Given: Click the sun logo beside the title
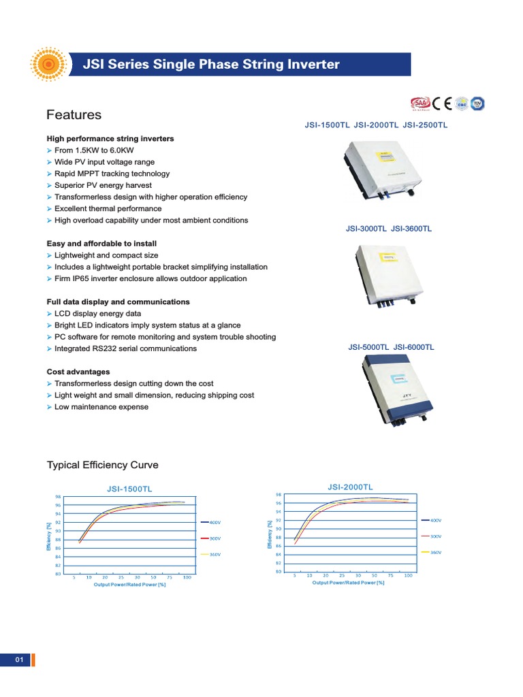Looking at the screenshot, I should click(48, 65).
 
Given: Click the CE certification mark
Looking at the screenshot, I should click(443, 103).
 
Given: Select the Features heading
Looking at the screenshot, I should click(74, 115).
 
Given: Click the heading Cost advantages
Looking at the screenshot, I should click(78, 372).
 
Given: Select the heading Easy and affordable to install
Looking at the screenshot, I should click(101, 244).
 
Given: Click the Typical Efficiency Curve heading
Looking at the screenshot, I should click(102, 466).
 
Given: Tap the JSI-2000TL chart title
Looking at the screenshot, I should click(350, 487).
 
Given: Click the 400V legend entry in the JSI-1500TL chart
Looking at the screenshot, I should click(215, 522).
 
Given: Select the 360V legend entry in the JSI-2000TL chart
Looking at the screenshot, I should click(437, 553).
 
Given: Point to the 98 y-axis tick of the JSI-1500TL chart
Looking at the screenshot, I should click(58, 497).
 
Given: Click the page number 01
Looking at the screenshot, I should click(19, 660).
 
